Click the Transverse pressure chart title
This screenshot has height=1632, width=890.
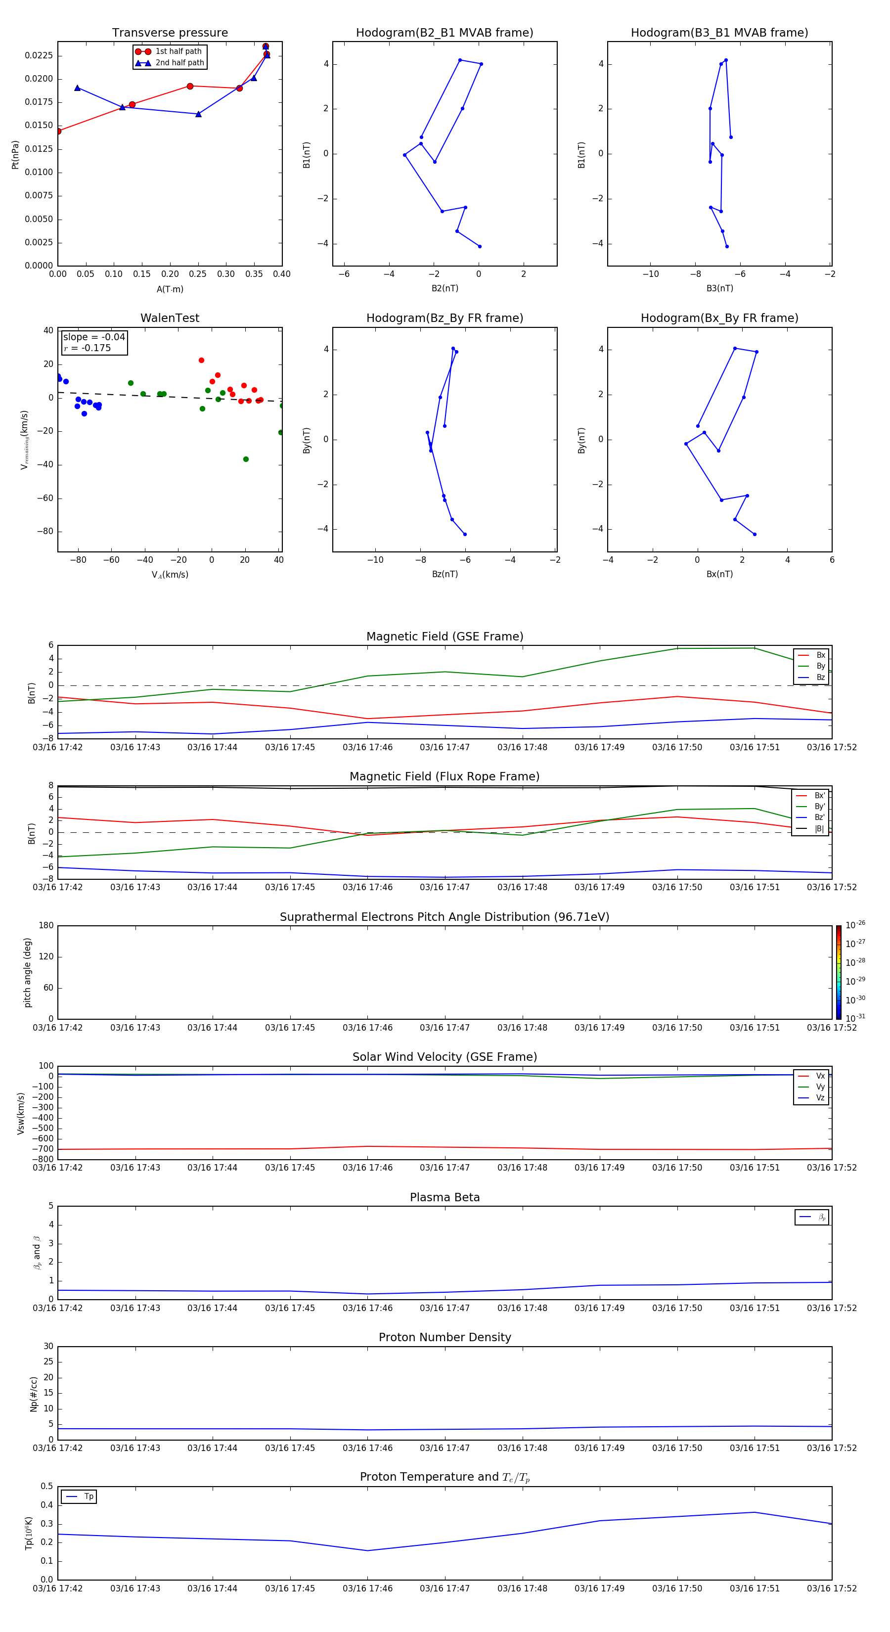coord(170,33)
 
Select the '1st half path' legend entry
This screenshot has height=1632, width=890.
coord(178,51)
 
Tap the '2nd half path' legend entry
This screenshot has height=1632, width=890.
coord(179,63)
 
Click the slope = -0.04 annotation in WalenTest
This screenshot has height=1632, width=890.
coord(94,337)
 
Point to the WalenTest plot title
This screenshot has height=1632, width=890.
coord(170,318)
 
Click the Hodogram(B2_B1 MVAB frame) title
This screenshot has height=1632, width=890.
coord(444,33)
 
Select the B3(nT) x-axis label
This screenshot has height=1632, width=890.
coord(719,288)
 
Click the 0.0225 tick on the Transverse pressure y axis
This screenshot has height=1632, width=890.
coord(39,56)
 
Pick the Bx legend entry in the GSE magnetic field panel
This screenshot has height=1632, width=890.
coord(820,655)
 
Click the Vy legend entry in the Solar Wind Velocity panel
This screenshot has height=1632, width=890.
coord(820,1087)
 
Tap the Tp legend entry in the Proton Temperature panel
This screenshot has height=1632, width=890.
coord(89,1496)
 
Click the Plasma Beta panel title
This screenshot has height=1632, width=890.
coord(444,1197)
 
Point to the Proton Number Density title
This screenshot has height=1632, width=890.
coord(444,1337)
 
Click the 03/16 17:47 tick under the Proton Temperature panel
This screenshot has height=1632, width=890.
coord(444,1588)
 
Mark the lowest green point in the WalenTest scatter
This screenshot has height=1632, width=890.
coord(246,459)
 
